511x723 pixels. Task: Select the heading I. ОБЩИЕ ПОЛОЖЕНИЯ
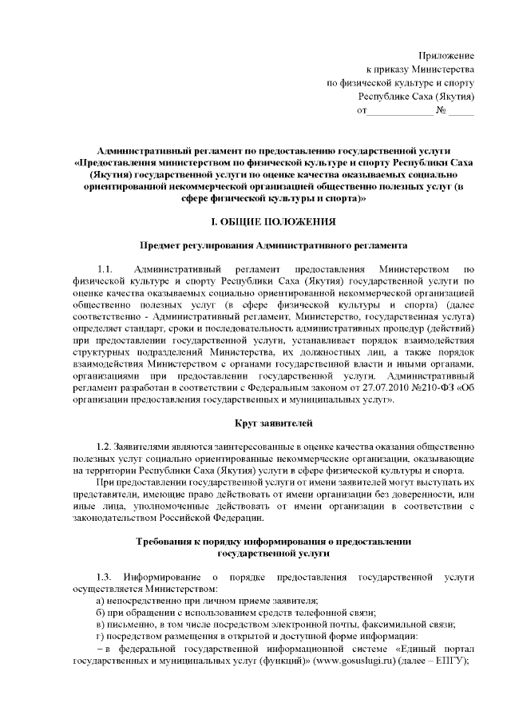pyautogui.click(x=272, y=220)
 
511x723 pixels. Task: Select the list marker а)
pyautogui.click(x=100, y=601)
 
